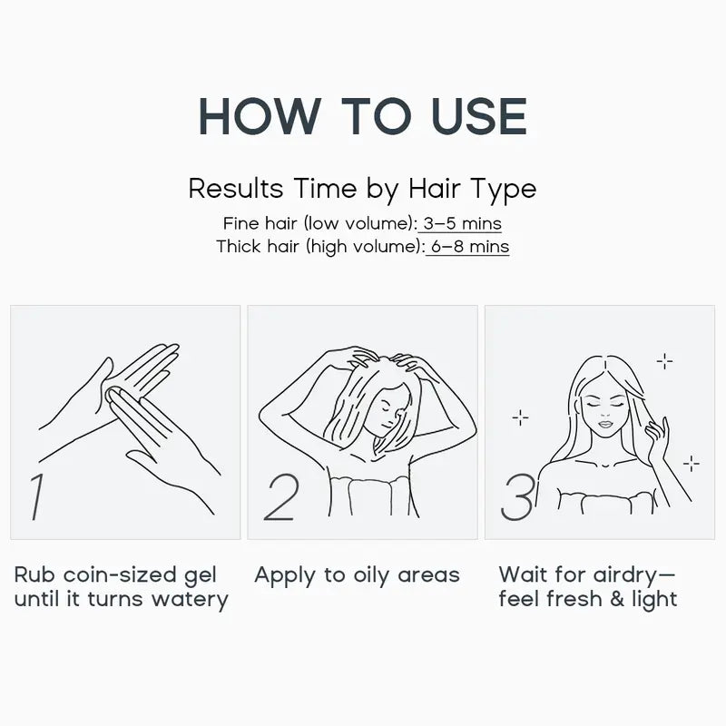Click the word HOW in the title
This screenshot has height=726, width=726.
(260, 116)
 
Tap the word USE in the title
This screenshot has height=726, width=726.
(479, 116)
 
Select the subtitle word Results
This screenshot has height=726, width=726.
(236, 189)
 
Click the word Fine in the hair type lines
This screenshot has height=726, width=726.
(240, 223)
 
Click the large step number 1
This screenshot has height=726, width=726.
(36, 496)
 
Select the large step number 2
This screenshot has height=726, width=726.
(281, 496)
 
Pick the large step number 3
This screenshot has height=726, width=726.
(518, 496)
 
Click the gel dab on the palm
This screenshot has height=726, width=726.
(113, 395)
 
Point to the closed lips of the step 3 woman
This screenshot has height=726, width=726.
(605, 424)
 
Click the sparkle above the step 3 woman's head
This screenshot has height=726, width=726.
(665, 361)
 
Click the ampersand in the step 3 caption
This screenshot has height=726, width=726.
(617, 599)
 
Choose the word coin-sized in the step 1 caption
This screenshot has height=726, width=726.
(120, 574)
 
